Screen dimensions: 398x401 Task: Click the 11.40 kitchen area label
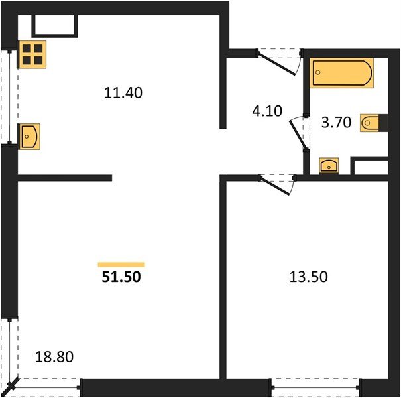[123, 94]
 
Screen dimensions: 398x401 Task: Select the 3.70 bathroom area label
[333, 121]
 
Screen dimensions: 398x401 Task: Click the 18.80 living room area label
[53, 357]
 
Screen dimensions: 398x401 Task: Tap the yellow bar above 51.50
[121, 264]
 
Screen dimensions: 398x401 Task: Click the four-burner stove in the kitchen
[31, 53]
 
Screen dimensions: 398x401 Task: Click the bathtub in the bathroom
[343, 73]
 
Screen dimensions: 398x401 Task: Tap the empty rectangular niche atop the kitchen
[54, 25]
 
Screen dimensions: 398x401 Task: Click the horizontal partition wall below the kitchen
[64, 178]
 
